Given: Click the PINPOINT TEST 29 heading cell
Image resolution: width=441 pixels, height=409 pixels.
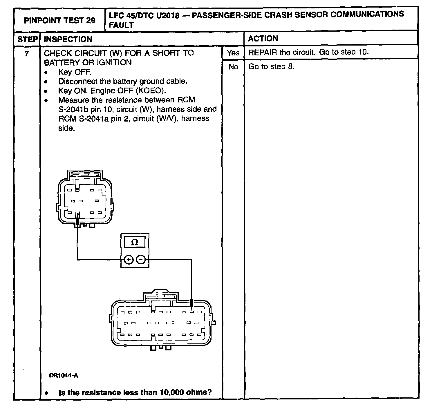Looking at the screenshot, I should click(x=59, y=20).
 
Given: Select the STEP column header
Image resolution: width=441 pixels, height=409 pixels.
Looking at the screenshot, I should click(x=27, y=39).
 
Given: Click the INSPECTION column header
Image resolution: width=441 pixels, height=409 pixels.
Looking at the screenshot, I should click(x=68, y=39).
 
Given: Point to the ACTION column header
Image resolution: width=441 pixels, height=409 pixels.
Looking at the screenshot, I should click(x=263, y=39).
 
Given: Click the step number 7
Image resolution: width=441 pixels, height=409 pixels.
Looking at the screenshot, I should click(x=27, y=53).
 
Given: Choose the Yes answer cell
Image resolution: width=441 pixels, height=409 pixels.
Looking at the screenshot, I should click(x=233, y=53).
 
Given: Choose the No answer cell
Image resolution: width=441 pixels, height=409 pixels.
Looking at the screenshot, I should click(x=233, y=67).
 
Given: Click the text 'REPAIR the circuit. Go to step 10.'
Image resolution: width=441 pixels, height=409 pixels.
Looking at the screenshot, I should click(x=308, y=52).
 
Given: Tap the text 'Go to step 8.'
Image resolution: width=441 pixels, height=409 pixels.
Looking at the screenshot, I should click(x=271, y=67).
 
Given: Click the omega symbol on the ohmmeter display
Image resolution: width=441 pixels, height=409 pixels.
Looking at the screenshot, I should click(x=135, y=242).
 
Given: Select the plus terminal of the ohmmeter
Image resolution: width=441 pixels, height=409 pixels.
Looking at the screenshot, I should click(x=129, y=260).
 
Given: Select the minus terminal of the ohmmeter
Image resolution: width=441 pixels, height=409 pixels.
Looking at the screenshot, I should click(x=141, y=260).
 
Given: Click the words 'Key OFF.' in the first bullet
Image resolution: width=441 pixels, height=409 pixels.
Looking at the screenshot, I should click(x=75, y=72).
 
